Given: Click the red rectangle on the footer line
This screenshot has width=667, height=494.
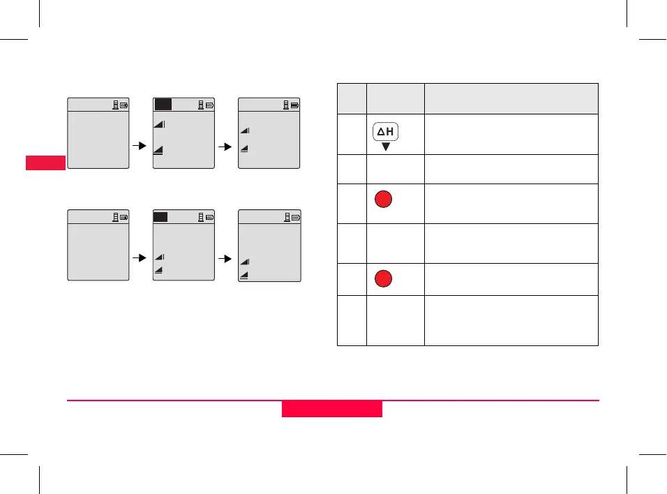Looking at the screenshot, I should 332,408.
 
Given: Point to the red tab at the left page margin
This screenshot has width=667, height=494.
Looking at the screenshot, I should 45,163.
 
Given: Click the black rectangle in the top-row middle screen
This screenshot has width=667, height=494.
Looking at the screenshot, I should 163,105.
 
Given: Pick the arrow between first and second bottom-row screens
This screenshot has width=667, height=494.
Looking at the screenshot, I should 140,257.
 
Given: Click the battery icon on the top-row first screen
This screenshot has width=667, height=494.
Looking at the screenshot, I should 123,106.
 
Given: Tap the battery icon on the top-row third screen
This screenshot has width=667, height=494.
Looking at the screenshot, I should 295,106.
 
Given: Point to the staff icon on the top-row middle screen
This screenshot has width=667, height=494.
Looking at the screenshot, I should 200,106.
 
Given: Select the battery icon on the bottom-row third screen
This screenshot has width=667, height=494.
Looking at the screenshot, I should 295,218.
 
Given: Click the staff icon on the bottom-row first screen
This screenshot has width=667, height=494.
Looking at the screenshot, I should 115,218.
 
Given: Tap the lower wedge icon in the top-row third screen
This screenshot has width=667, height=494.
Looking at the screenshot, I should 245,148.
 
